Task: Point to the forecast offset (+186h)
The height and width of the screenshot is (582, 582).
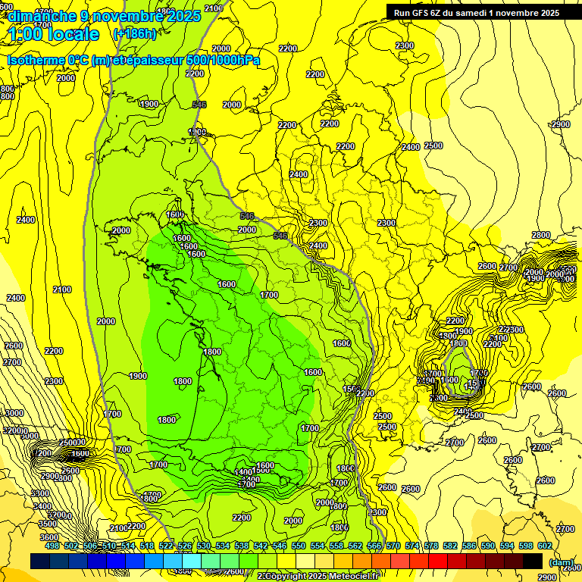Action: pos(134,34)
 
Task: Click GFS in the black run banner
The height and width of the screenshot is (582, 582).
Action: pos(424,13)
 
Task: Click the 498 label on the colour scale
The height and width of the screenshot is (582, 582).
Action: pos(52,546)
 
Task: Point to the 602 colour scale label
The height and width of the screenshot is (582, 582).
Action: pos(545,546)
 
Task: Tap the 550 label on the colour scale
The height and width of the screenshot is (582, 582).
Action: pos(299,546)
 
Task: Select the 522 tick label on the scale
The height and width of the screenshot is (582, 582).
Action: pos(166,546)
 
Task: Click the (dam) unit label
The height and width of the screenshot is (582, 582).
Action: pos(561,563)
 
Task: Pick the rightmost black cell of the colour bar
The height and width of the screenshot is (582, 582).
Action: pos(533,561)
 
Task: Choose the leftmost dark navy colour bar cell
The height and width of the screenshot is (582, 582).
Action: pos(40,561)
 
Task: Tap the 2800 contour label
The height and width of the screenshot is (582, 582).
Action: pos(541,235)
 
